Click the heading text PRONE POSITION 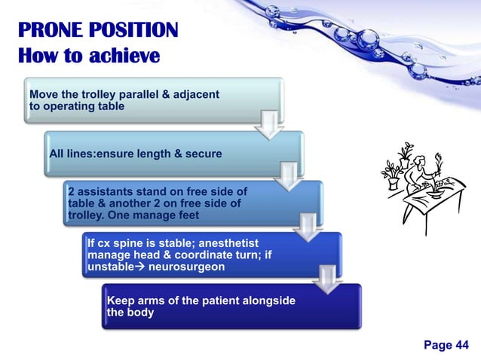(x=98, y=31)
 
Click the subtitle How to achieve (x=88, y=56)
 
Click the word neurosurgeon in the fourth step (x=188, y=267)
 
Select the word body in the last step (x=141, y=313)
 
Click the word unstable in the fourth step (x=115, y=267)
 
